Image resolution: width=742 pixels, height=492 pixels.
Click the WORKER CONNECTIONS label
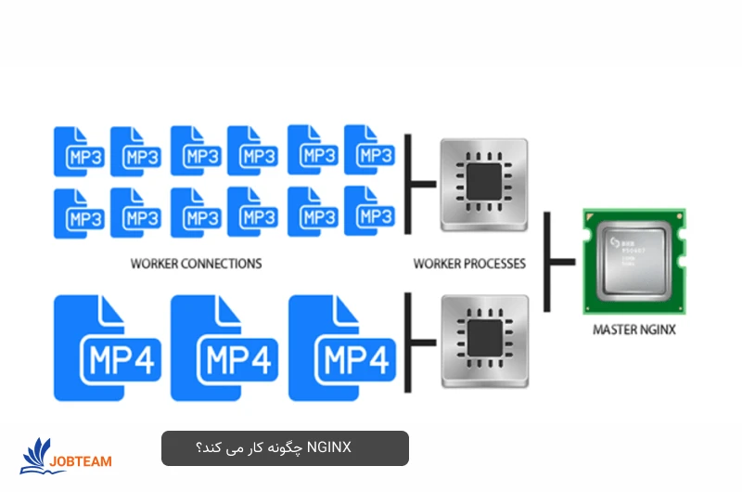point(196,264)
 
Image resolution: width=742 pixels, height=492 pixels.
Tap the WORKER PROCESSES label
point(469,264)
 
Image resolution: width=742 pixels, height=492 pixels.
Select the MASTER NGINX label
point(634,330)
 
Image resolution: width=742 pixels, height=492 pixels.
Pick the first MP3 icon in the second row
point(79,213)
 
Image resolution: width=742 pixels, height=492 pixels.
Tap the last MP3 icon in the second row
point(370,213)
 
